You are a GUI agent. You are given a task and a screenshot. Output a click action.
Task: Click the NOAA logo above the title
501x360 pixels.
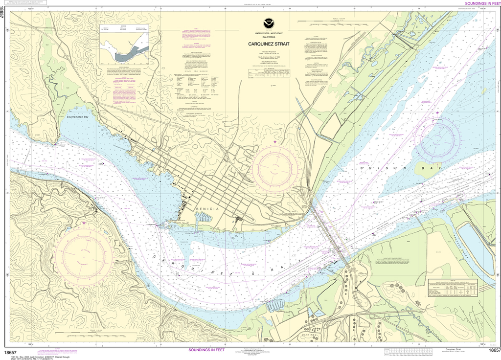coord(268,22)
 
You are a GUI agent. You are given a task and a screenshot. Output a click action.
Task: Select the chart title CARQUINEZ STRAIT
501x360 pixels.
coord(268,44)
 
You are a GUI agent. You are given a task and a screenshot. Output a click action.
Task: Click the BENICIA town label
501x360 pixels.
coord(206,209)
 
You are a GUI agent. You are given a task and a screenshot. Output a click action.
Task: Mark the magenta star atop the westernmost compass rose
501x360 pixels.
coord(84,224)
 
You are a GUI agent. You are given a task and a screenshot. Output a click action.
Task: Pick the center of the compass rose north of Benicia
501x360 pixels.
coord(274,165)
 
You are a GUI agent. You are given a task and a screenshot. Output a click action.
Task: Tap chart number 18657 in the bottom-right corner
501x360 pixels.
coord(493,351)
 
